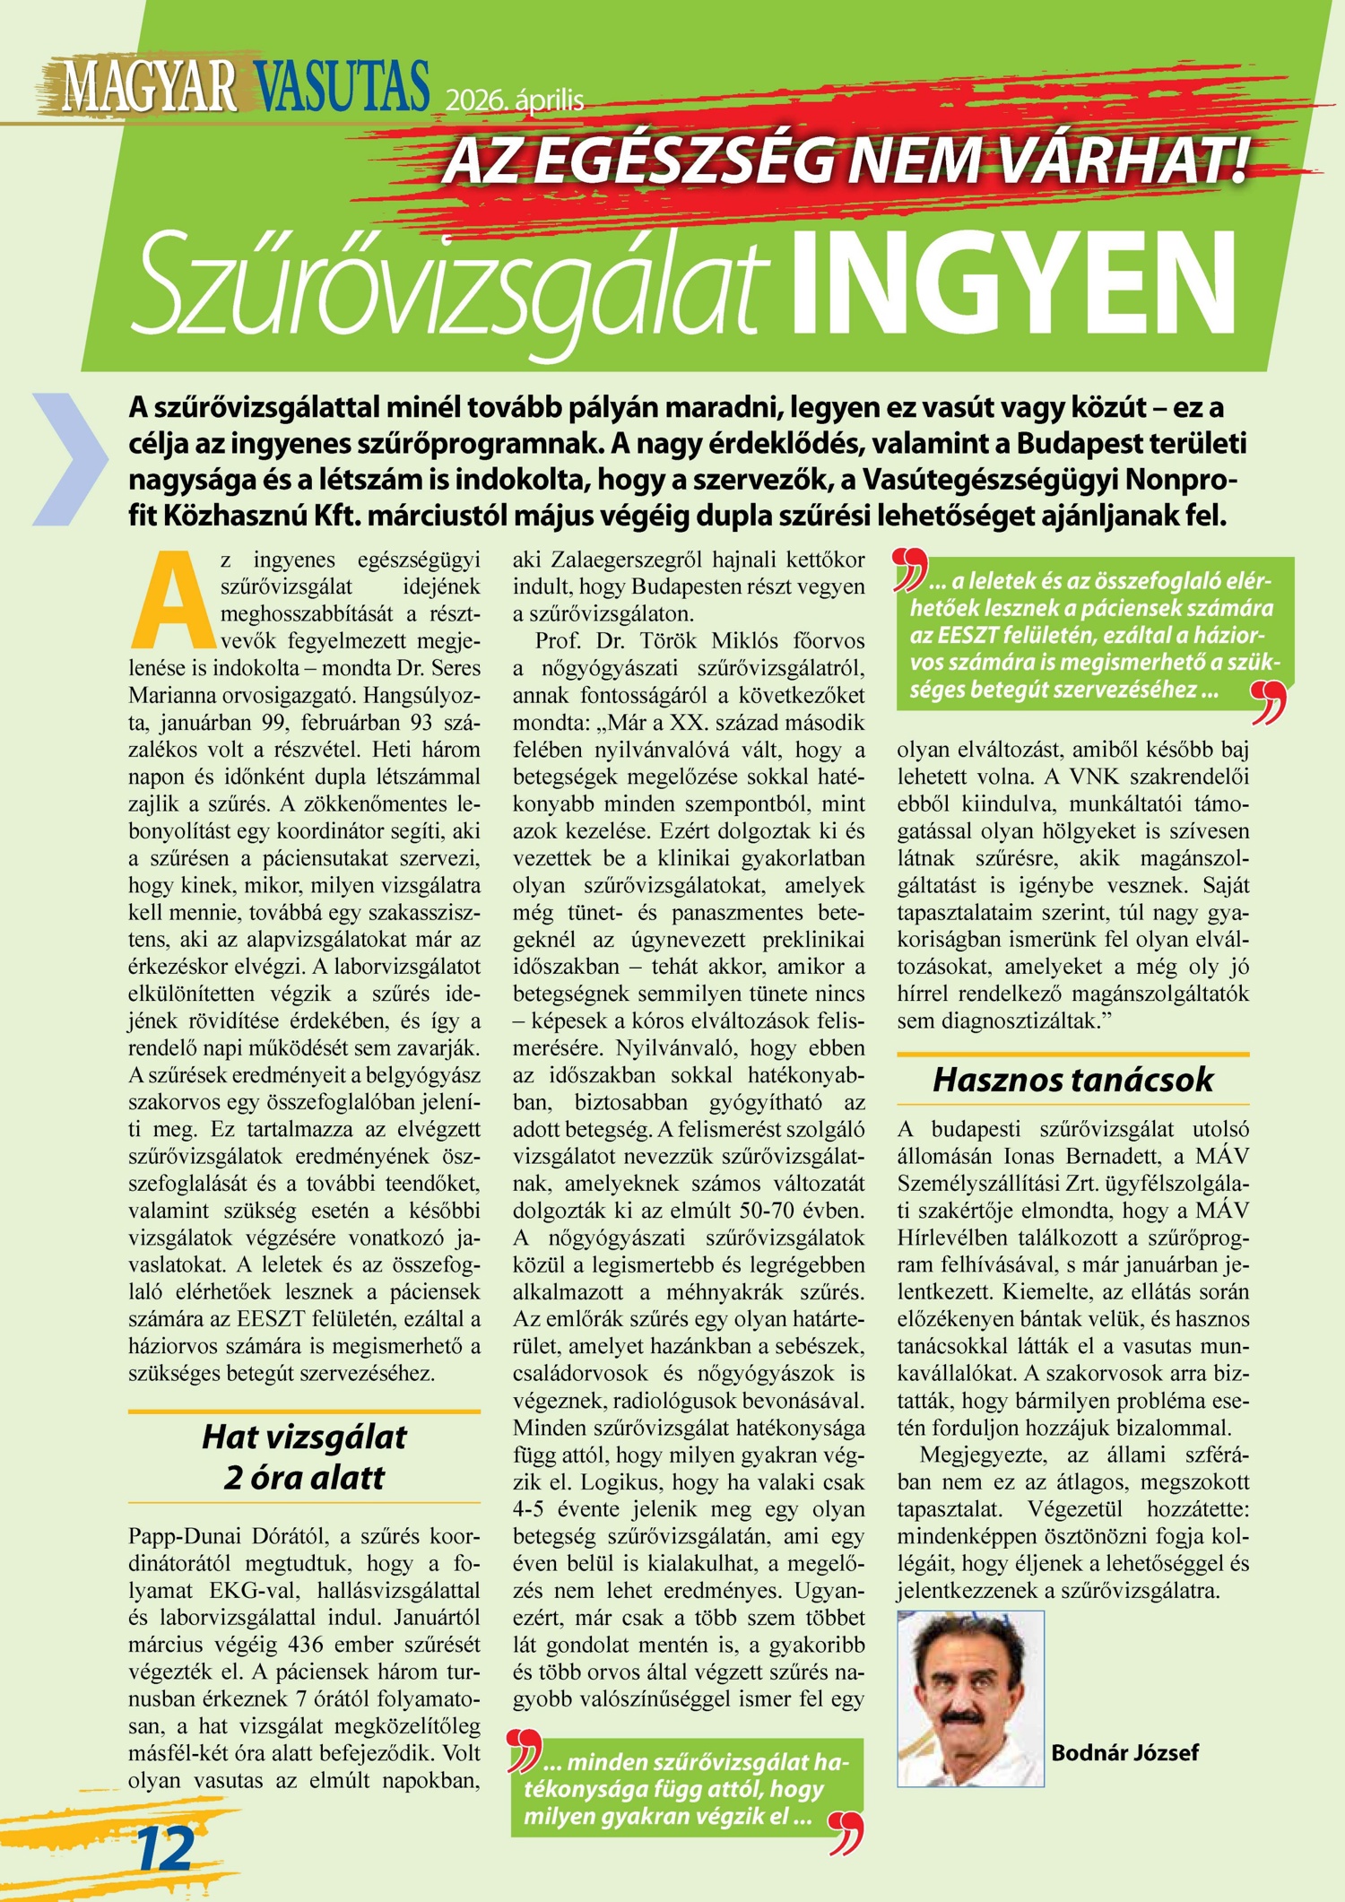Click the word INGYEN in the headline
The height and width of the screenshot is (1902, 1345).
pyautogui.click(x=1013, y=285)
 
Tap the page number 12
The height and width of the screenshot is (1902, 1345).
pyautogui.click(x=165, y=1848)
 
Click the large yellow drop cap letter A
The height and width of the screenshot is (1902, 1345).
pyautogui.click(x=174, y=599)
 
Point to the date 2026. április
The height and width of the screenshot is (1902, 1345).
pyautogui.click(x=515, y=100)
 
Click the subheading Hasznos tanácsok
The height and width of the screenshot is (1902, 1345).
pyautogui.click(x=1072, y=1079)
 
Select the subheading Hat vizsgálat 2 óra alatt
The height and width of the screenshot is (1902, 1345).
pyautogui.click(x=304, y=1457)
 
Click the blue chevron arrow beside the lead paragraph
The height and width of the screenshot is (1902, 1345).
pyautogui.click(x=70, y=458)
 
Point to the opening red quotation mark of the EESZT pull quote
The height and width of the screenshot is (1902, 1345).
pyautogui.click(x=912, y=571)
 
